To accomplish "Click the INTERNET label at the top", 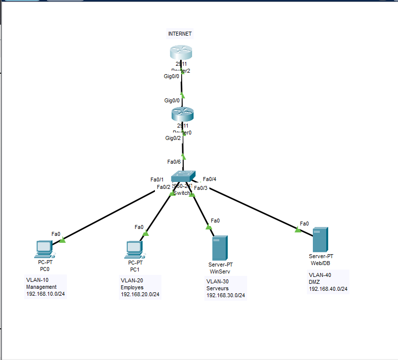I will (180, 34).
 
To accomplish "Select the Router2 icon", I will (182, 52).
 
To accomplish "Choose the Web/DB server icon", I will (320, 239).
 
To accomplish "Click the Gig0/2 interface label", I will (173, 138).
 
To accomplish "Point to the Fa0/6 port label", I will (173, 162).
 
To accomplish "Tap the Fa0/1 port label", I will (156, 180).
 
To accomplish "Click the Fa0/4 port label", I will (209, 179).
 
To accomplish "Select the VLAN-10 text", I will (37, 280).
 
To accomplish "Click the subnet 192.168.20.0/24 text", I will (140, 294).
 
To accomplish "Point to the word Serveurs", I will (218, 288).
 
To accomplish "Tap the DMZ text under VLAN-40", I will (314, 282).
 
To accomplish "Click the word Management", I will (42, 287).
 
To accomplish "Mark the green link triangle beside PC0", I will (62, 240).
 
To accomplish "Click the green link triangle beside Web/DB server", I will (298, 229).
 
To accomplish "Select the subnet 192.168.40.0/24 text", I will (328, 289).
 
